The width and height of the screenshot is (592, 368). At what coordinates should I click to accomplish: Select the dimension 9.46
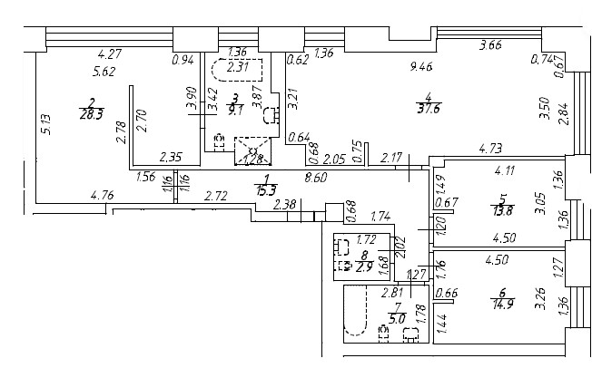tap(420, 65)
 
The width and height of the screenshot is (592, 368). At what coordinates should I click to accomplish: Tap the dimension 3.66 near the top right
tap(489, 45)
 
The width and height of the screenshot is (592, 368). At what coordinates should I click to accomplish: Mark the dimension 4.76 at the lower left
tap(102, 194)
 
